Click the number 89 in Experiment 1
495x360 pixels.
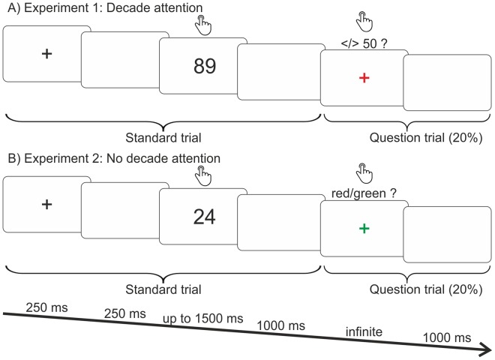[204, 66]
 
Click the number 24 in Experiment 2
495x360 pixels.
[204, 217]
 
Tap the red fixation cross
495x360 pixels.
[364, 78]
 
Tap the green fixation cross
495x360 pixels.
[364, 228]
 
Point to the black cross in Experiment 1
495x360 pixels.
[46, 53]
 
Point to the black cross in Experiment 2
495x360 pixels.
[46, 203]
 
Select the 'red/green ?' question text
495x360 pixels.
[363, 193]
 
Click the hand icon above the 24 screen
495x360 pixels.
[203, 176]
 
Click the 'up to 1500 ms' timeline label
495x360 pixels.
[203, 319]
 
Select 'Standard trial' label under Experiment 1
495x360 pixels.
[163, 138]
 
